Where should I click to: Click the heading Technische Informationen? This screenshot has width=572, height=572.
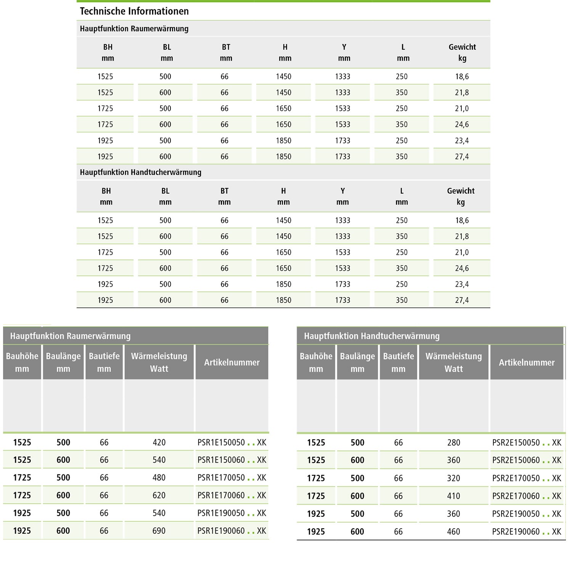pyautogui.click(x=134, y=11)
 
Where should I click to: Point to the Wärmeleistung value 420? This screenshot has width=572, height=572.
pyautogui.click(x=159, y=442)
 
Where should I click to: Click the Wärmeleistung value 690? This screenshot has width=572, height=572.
pyautogui.click(x=159, y=531)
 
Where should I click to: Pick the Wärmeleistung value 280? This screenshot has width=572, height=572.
pyautogui.click(x=453, y=443)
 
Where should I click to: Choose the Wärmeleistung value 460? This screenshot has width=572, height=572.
pyautogui.click(x=453, y=532)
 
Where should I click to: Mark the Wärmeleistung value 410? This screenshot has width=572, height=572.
pyautogui.click(x=453, y=496)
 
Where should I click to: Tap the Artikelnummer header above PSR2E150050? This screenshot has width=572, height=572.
pyautogui.click(x=527, y=363)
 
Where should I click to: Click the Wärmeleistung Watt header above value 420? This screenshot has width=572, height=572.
pyautogui.click(x=159, y=362)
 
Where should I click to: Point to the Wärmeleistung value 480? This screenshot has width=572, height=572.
pyautogui.click(x=159, y=477)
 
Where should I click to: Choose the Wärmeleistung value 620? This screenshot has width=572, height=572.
pyautogui.click(x=159, y=495)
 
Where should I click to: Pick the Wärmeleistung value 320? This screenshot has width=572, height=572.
pyautogui.click(x=453, y=478)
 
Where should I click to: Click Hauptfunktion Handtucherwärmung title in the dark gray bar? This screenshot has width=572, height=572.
pyautogui.click(x=371, y=336)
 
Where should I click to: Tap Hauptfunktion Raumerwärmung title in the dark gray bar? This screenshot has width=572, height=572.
pyautogui.click(x=70, y=336)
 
